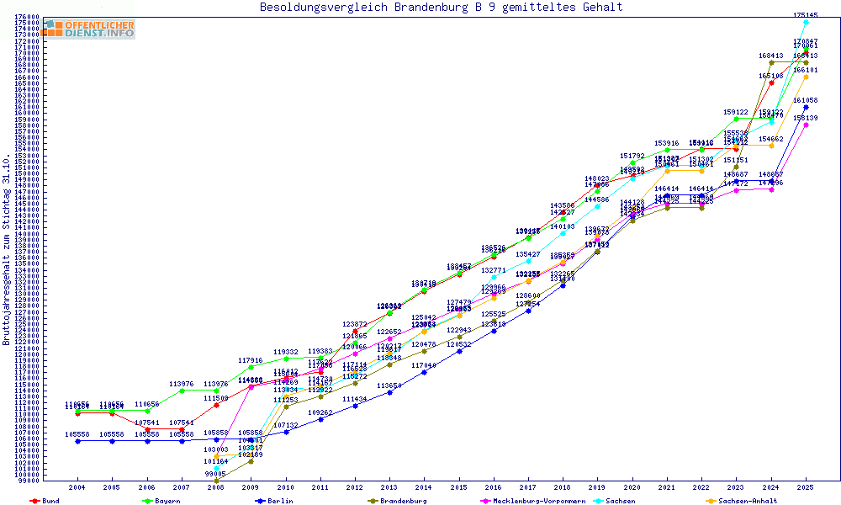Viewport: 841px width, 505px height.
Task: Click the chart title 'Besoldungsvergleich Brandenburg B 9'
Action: click(x=442, y=8)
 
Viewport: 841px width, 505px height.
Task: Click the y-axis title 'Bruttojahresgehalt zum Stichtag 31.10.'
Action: click(x=8, y=250)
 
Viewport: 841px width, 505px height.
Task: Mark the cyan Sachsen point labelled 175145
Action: click(x=806, y=22)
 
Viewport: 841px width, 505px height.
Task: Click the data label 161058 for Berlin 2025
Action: click(x=806, y=100)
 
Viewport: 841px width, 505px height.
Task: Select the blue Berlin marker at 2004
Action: click(x=77, y=441)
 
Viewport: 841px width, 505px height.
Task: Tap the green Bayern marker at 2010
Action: click(x=286, y=359)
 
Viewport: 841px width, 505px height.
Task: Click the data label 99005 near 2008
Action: click(x=216, y=475)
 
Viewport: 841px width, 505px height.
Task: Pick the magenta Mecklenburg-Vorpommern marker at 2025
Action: click(x=806, y=125)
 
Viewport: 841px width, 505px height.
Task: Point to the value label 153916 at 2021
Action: click(x=667, y=143)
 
